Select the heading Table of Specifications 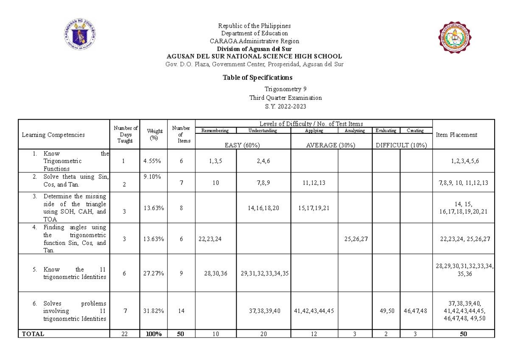[x=257, y=78]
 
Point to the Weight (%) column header [x=154, y=135]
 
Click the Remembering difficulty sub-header [x=215, y=131]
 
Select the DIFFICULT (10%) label [x=402, y=145]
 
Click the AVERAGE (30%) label [x=330, y=145]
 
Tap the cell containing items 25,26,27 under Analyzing [x=355, y=239]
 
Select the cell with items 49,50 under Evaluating [x=386, y=311]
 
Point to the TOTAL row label [x=33, y=334]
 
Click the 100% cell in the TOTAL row [x=153, y=334]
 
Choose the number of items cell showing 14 [x=181, y=311]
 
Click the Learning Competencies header [x=53, y=135]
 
